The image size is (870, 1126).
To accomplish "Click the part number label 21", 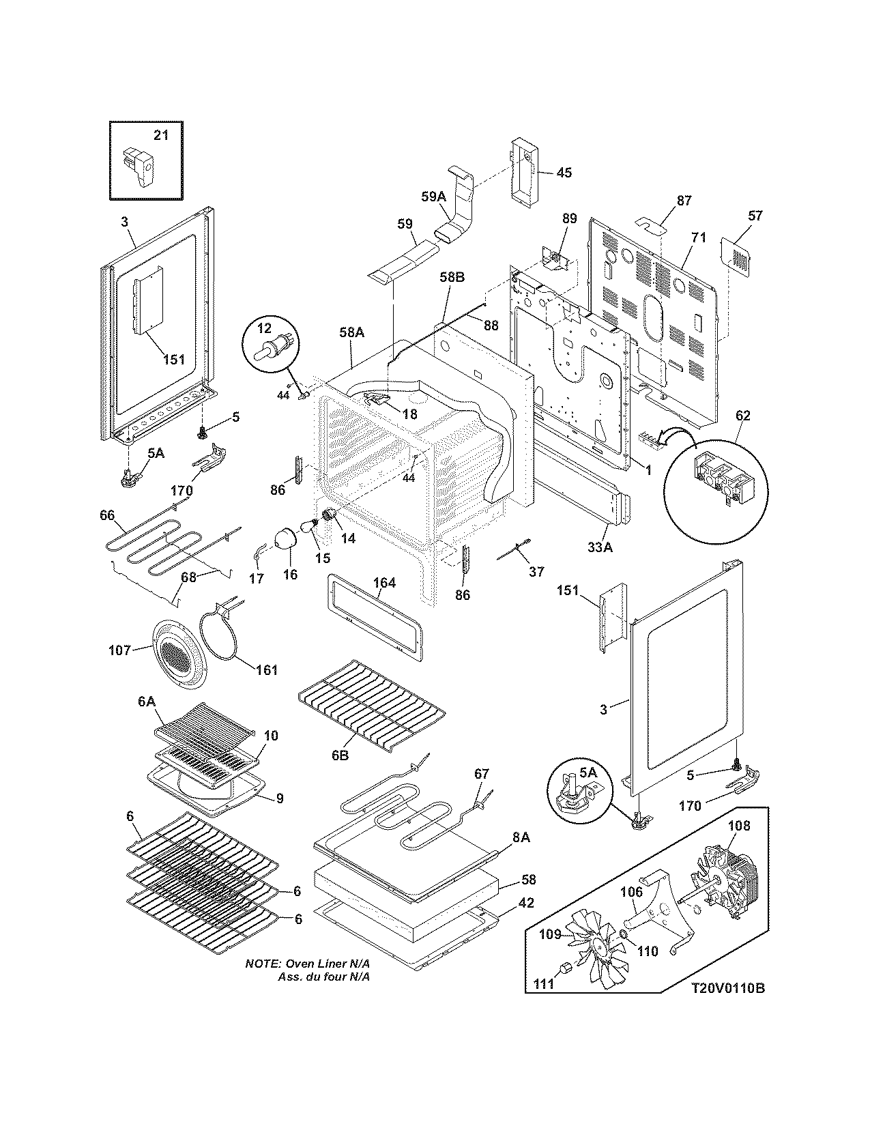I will tap(160, 135).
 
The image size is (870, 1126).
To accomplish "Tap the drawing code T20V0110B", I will tap(727, 987).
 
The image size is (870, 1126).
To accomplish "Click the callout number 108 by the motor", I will tap(738, 826).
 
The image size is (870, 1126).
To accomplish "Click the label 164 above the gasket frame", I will tap(384, 583).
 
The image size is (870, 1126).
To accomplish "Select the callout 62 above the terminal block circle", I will tap(742, 416).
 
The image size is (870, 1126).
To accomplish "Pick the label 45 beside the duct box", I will tap(564, 173).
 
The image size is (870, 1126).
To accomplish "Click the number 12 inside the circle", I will tap(263, 329).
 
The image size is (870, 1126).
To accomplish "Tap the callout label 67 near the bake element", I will tap(482, 773).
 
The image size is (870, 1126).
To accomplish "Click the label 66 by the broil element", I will tap(107, 515).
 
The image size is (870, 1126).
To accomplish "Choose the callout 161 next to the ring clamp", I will tap(266, 669).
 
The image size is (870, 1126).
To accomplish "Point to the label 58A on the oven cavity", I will tap(351, 332).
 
